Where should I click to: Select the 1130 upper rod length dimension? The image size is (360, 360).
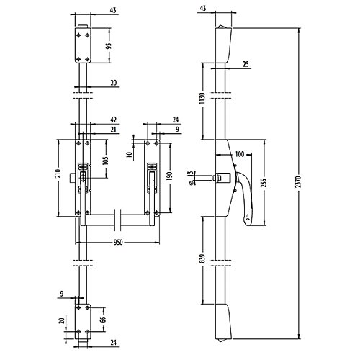[x=202, y=98]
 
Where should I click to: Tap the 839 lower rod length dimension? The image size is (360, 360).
[x=202, y=258]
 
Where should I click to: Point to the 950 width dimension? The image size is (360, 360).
[x=118, y=243]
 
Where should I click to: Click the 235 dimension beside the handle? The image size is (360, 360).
[x=264, y=183]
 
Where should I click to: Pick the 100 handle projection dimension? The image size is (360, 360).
[x=239, y=154]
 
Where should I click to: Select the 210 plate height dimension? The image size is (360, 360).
[x=58, y=174]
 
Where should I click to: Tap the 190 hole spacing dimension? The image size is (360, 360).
[x=170, y=176]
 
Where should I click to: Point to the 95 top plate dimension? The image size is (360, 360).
[x=109, y=46]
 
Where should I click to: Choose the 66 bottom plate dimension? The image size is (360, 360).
[x=103, y=320]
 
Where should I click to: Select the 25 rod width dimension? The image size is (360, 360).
[x=246, y=64]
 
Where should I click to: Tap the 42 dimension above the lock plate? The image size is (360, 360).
[x=113, y=120]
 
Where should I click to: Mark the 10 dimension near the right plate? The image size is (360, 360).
[x=130, y=154]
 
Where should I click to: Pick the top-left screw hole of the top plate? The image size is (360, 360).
[x=78, y=35]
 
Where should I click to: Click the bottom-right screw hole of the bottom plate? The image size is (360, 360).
[x=87, y=332]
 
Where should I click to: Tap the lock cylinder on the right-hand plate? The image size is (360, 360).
[x=152, y=166]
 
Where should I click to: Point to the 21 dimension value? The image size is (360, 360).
[x=113, y=130]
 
